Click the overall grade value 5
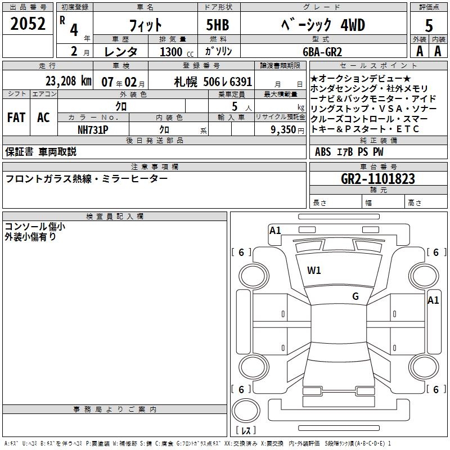click(429, 25)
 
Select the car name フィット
click(146, 25)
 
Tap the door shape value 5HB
click(214, 25)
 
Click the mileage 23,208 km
click(68, 81)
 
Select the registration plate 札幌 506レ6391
click(213, 81)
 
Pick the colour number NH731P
click(93, 129)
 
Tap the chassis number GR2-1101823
click(378, 179)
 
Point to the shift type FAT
click(16, 118)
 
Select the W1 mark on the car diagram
click(314, 271)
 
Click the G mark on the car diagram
click(355, 296)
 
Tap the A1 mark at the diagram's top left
click(275, 230)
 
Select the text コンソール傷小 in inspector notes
click(34, 227)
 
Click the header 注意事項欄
click(155, 167)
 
